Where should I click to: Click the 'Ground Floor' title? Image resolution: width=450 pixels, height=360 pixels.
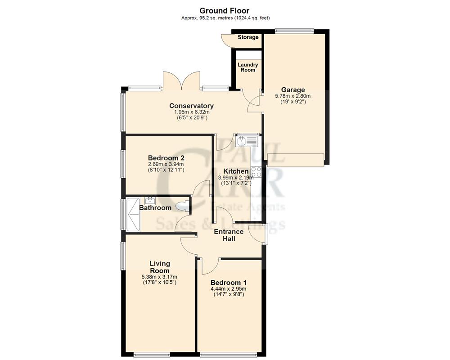pyautogui.click(x=224, y=10)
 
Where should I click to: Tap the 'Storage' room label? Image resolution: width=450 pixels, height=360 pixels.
pyautogui.click(x=248, y=37)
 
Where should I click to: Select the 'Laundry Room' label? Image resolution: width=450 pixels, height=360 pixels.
pyautogui.click(x=247, y=67)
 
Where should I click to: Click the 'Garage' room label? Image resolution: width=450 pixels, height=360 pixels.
pyautogui.click(x=293, y=90)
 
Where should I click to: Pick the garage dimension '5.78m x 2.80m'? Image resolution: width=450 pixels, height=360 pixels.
pyautogui.click(x=293, y=96)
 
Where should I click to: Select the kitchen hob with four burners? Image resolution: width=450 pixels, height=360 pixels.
pyautogui.click(x=256, y=171)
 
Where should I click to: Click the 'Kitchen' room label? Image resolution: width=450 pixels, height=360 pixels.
pyautogui.click(x=236, y=171)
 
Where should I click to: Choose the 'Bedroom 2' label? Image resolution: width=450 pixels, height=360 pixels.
pyautogui.click(x=166, y=158)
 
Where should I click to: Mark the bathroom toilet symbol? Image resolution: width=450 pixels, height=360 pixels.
pyautogui.click(x=182, y=207)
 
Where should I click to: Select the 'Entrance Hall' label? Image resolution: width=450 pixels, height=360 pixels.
pyautogui.click(x=229, y=235)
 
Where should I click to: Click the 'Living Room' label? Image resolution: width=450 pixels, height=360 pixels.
pyautogui.click(x=160, y=267)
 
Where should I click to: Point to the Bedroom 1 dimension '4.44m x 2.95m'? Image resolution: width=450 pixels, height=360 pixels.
pyautogui.click(x=228, y=289)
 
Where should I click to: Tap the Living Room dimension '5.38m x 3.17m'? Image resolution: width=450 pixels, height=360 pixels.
pyautogui.click(x=160, y=277)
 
